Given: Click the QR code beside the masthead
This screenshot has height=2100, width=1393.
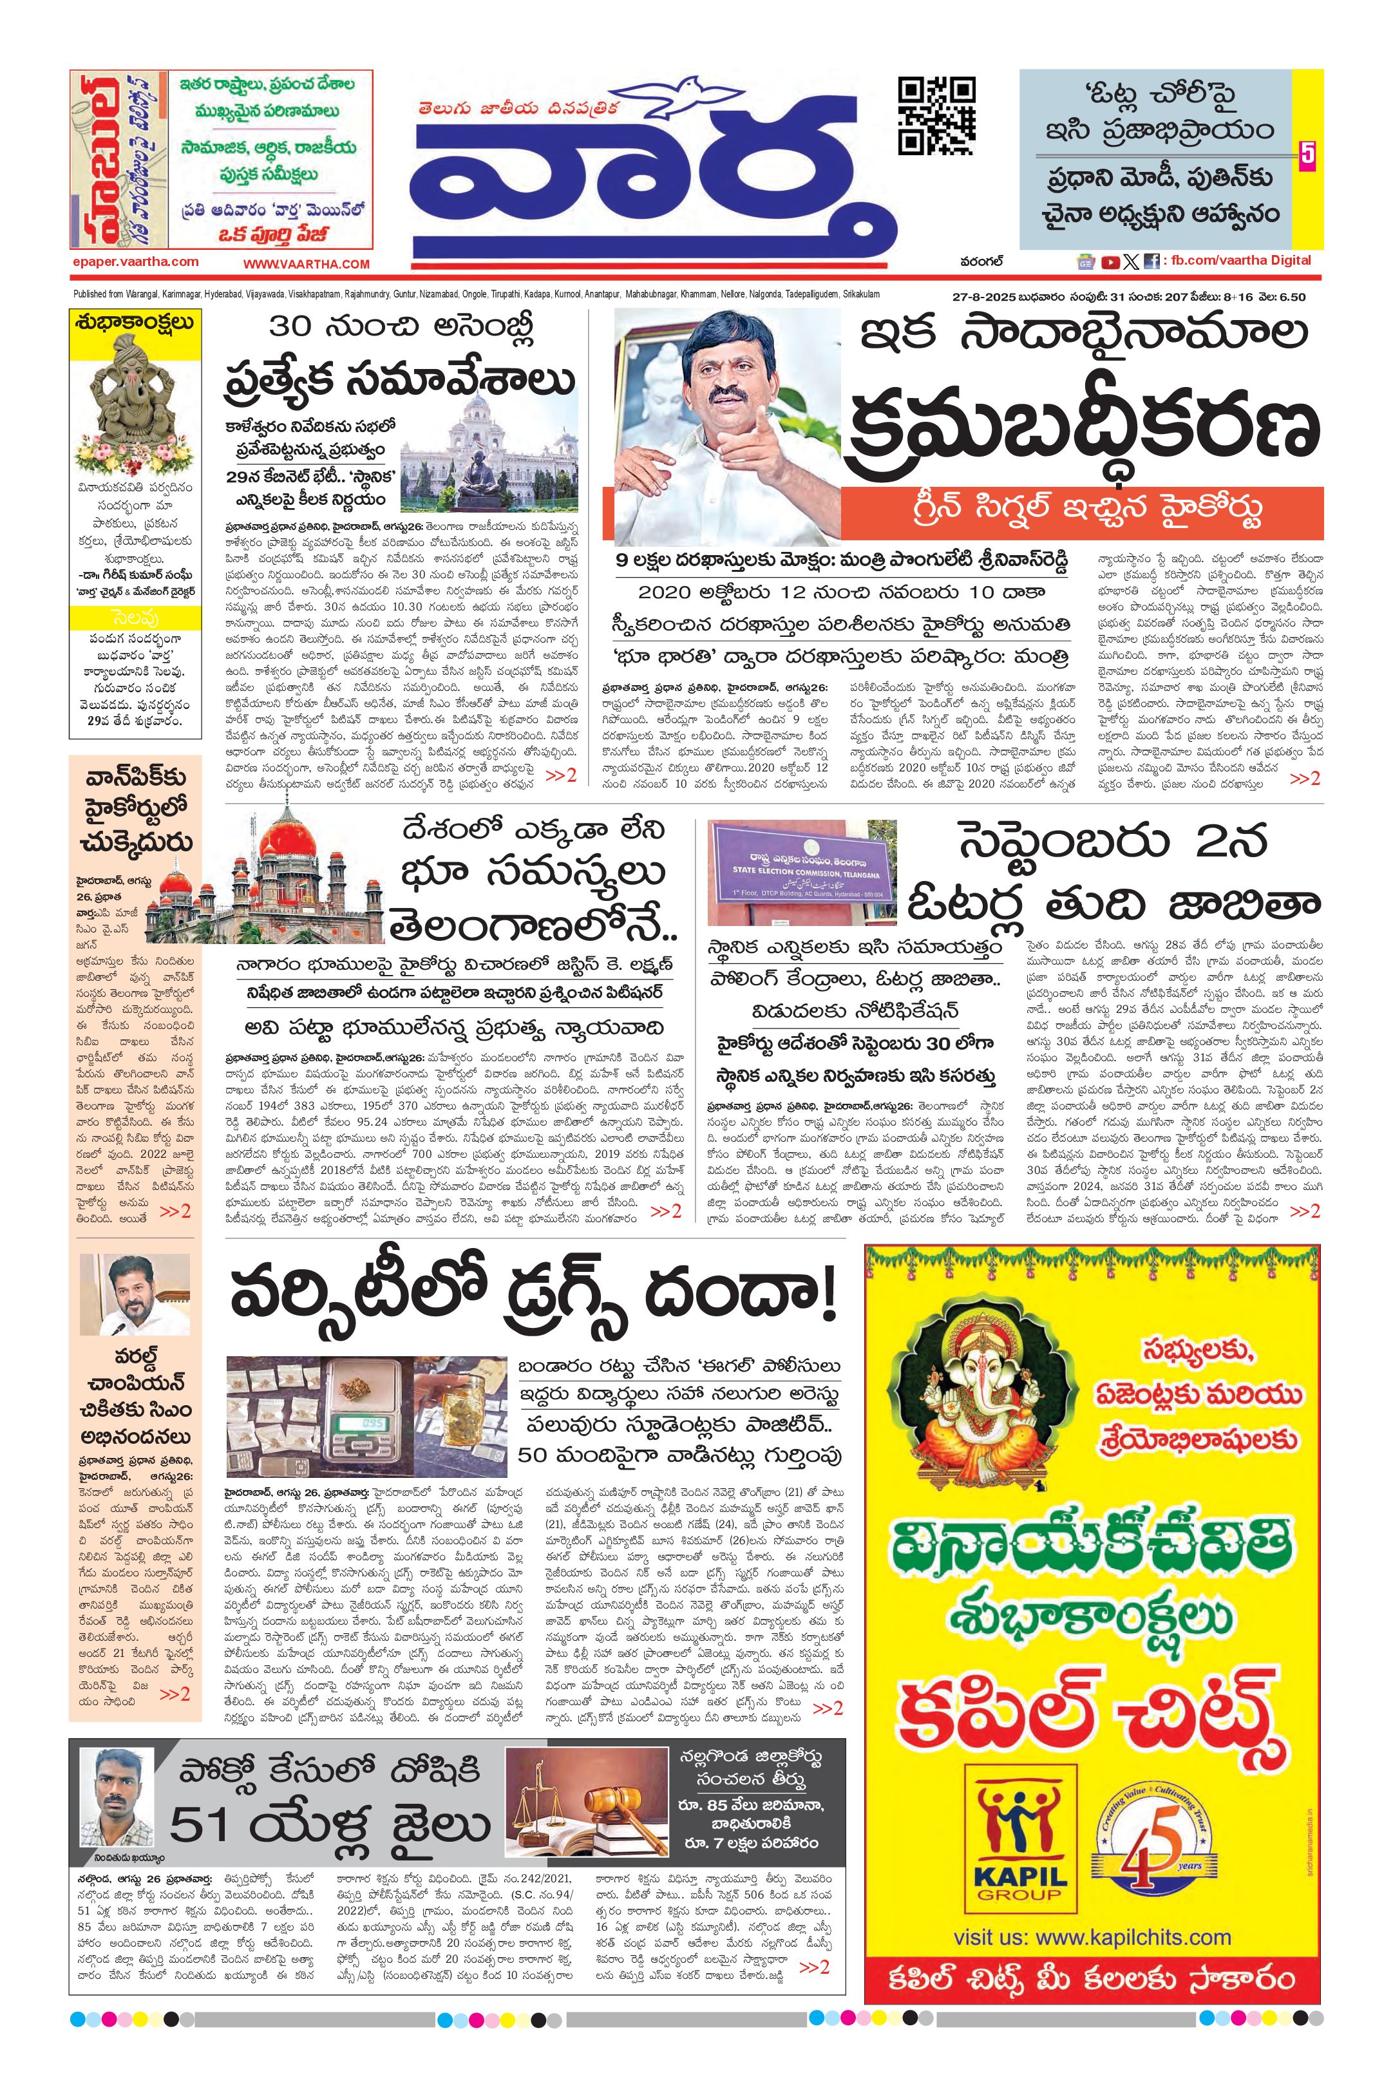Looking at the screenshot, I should coord(936,115).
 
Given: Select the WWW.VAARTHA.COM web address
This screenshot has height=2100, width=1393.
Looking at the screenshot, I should coord(307,264).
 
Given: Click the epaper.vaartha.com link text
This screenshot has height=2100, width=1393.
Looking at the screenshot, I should coord(136,262).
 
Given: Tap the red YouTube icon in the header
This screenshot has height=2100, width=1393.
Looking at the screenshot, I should coord(1110,261).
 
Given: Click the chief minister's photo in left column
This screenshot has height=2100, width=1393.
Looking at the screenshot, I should coord(135,1297).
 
